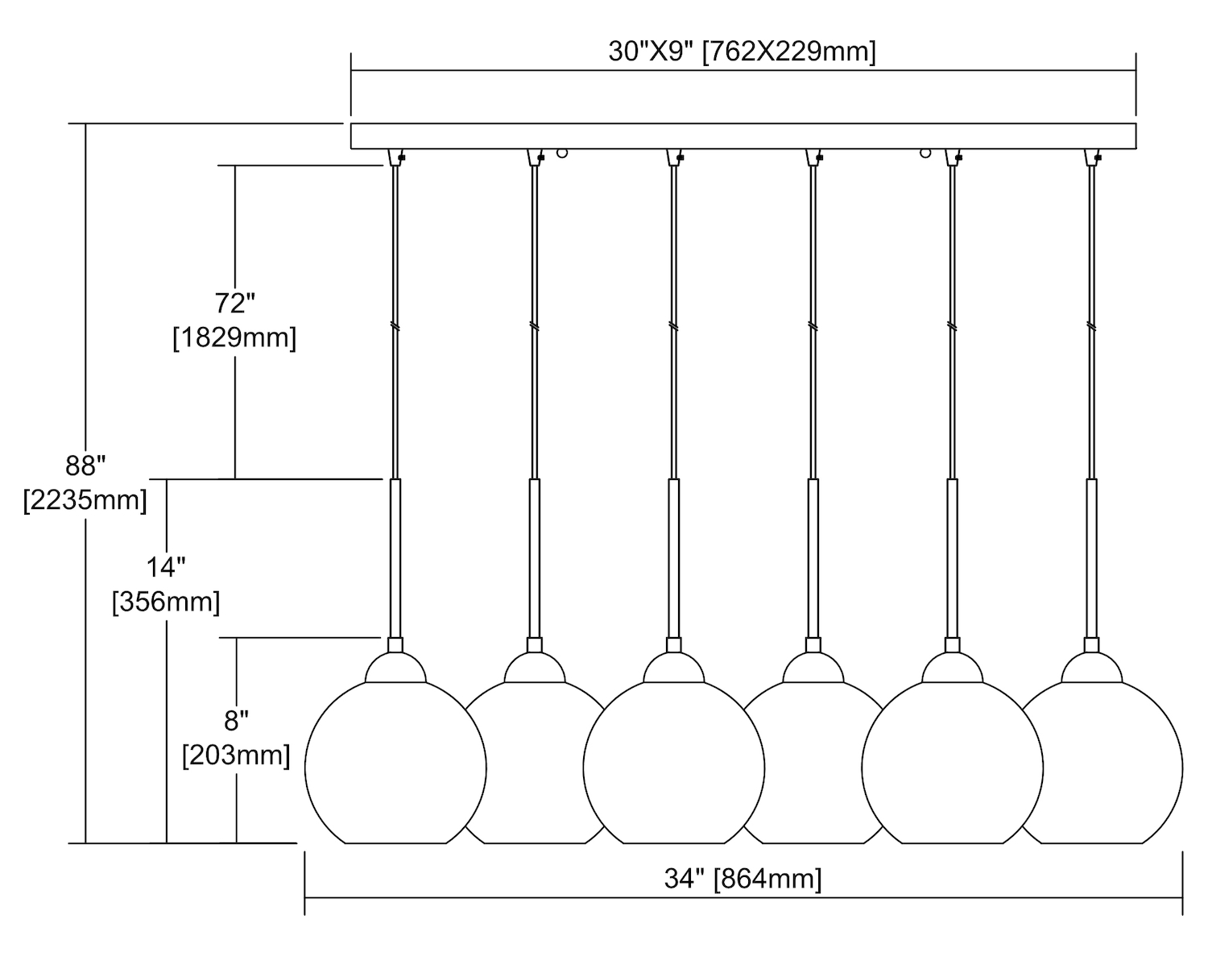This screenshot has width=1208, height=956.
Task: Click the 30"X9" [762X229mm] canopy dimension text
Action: point(742,52)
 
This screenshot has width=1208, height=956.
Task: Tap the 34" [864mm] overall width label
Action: point(743,878)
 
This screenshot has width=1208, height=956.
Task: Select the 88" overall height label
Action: point(85,466)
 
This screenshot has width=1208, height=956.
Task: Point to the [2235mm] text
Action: point(85,500)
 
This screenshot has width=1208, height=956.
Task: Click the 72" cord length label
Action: point(234,304)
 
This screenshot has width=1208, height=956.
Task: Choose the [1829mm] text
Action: point(234,337)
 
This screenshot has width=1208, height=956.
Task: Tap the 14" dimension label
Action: point(166,567)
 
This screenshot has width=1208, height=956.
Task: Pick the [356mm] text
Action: point(166,602)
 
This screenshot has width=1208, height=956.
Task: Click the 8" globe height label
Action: point(236,719)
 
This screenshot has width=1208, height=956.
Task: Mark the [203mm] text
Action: point(236,755)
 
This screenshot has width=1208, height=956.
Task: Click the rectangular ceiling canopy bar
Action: point(743,136)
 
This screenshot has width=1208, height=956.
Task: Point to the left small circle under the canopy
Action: point(562,152)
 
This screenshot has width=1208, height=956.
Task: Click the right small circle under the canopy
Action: point(925,152)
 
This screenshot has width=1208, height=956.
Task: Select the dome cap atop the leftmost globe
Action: point(395,669)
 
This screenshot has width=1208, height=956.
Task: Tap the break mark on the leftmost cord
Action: point(395,326)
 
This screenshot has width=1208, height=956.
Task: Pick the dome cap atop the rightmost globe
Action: point(1091,669)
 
